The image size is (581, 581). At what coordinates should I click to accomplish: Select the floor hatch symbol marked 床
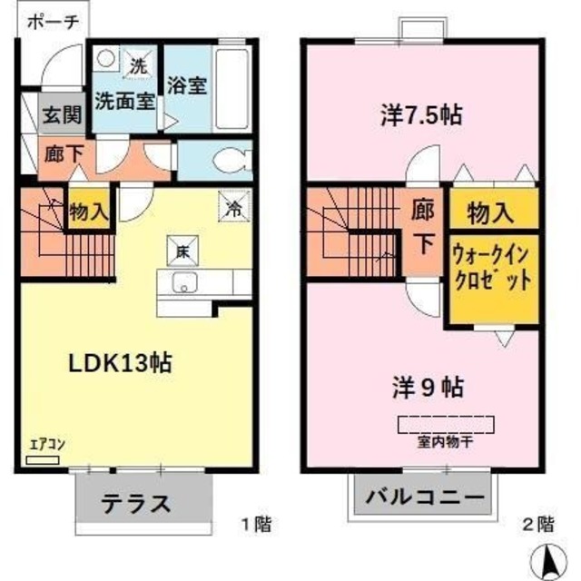[182, 247]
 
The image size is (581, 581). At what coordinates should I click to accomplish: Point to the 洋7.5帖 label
[419, 115]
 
